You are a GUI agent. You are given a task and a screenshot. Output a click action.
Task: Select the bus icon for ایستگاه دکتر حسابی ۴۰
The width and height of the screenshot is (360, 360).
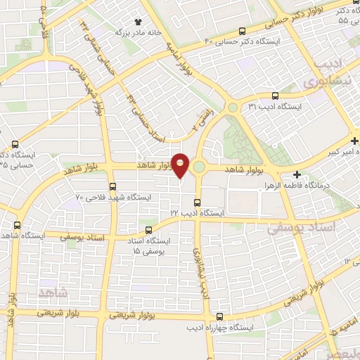click(242, 30)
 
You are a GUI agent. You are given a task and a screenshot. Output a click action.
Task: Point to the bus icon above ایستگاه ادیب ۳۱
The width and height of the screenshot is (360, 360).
click(274, 96)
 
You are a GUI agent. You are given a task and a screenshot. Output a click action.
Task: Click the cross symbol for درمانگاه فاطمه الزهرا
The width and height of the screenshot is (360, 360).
click(297, 175)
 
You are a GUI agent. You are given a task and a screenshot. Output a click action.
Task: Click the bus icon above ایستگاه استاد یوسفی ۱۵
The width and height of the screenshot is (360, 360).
click(147, 229)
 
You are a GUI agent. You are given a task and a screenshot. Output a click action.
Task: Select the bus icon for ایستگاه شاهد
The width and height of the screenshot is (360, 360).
click(18, 225)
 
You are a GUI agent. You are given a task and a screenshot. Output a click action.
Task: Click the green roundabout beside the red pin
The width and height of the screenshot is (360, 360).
click(199, 167)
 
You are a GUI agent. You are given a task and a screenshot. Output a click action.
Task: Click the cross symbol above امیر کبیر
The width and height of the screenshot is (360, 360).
click(355, 141)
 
